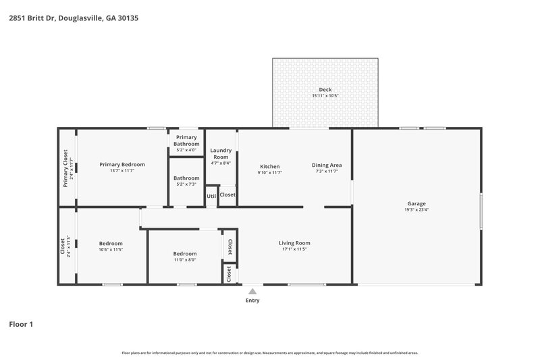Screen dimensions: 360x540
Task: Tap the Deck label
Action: [x=325, y=89]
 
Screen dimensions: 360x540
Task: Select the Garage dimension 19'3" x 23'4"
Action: [x=416, y=209]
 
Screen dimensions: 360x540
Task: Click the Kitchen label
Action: [x=270, y=166]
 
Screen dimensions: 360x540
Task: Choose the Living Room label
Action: [x=294, y=243]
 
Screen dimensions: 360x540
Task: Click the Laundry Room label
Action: [x=221, y=153]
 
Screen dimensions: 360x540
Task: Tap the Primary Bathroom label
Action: [x=186, y=140]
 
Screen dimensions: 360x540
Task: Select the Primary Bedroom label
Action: [x=122, y=164]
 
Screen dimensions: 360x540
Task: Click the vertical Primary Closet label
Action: [x=65, y=167]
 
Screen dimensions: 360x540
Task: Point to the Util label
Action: [x=211, y=196]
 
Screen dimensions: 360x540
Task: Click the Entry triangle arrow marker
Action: [x=252, y=291]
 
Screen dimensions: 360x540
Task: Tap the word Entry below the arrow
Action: [x=252, y=301]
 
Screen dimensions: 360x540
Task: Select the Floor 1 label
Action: [x=20, y=324]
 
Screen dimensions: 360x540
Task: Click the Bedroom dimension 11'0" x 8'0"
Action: [x=186, y=259]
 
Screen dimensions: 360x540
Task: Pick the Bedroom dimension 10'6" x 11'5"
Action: [x=111, y=250]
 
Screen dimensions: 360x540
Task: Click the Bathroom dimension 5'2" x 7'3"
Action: [x=186, y=184]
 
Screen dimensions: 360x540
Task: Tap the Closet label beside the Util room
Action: [x=227, y=195]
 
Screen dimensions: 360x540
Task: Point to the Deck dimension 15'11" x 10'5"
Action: [x=325, y=96]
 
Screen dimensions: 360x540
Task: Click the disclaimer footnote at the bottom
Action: [x=270, y=353]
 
